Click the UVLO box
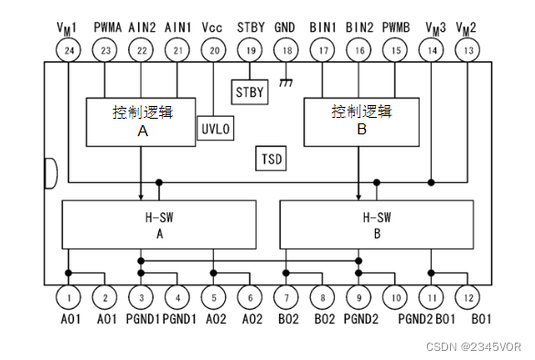(x=216, y=128)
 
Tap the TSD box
(x=272, y=158)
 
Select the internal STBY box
(x=250, y=92)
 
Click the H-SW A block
(x=159, y=225)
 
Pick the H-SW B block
(x=377, y=225)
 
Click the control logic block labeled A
(x=141, y=122)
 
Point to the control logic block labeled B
(x=361, y=122)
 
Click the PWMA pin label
(x=108, y=27)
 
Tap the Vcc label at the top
(x=212, y=27)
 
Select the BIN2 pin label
(x=359, y=27)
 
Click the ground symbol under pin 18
(x=286, y=82)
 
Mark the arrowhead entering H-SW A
(x=141, y=197)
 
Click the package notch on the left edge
(x=51, y=174)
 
